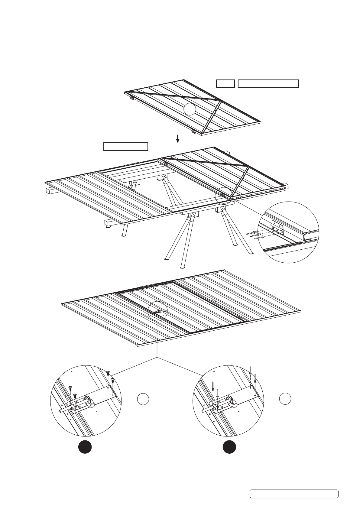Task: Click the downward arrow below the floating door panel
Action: [x=178, y=139]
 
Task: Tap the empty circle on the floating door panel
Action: [x=190, y=109]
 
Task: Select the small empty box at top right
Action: [x=225, y=84]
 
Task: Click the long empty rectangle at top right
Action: [x=268, y=84]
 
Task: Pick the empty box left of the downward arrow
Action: [x=125, y=147]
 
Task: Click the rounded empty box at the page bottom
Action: [x=294, y=494]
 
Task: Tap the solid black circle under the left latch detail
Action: [x=85, y=447]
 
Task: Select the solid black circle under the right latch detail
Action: [x=229, y=447]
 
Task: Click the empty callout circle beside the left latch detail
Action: [x=143, y=399]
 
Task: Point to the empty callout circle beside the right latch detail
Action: [x=285, y=399]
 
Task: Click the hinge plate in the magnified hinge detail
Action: [x=277, y=226]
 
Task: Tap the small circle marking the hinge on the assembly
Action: [x=224, y=196]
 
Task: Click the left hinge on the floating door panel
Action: [x=131, y=98]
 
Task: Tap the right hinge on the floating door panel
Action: [x=193, y=132]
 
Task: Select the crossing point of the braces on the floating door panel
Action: [x=220, y=101]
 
